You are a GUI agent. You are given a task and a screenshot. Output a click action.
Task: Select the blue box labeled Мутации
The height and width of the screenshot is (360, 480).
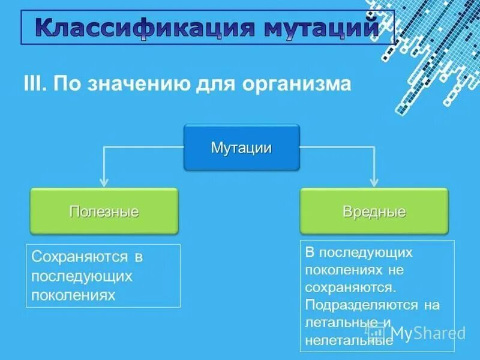241,148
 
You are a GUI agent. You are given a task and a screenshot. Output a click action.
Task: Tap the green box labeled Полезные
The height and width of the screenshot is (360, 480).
104,211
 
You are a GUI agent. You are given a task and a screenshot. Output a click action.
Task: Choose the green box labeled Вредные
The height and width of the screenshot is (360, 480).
374,211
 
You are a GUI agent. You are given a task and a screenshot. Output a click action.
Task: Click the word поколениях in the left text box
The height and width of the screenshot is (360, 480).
73,295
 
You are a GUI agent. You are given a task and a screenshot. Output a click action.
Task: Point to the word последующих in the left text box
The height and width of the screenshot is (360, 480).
82,276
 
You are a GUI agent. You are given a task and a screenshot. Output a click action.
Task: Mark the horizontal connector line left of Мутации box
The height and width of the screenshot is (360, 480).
144,148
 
